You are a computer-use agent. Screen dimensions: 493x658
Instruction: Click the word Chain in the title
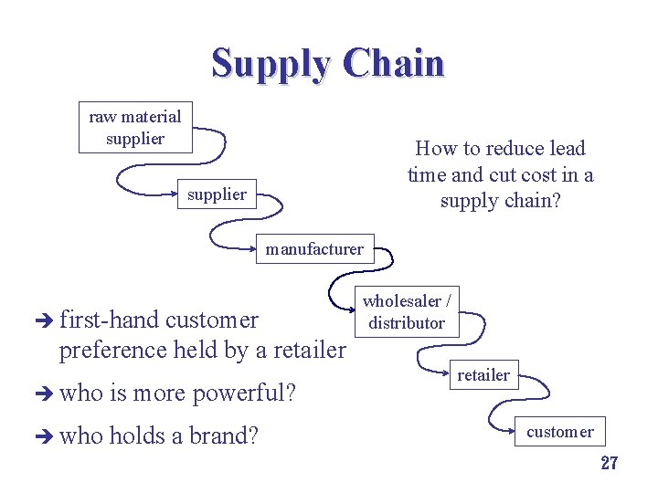pyautogui.click(x=395, y=64)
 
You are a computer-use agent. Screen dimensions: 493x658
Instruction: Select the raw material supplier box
pyautogui.click(x=135, y=128)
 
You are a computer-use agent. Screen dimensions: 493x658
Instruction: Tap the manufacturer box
pyautogui.click(x=314, y=248)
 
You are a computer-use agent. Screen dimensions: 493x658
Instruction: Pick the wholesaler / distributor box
pyautogui.click(x=407, y=311)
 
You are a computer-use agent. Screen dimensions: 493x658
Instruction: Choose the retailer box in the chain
pyautogui.click(x=483, y=373)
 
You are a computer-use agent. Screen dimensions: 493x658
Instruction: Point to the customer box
pyautogui.click(x=559, y=432)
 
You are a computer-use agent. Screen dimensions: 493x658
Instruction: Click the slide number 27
pyautogui.click(x=609, y=463)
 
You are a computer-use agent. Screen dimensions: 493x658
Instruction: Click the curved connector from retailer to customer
pyautogui.click(x=501, y=410)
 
